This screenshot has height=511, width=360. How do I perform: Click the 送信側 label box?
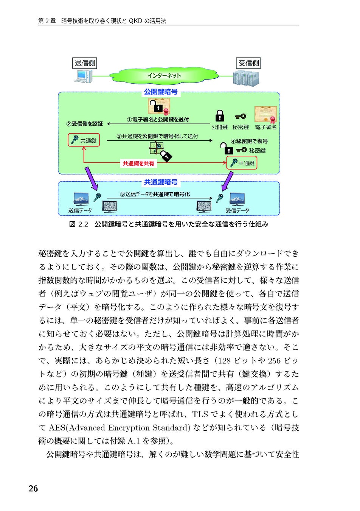[85, 63]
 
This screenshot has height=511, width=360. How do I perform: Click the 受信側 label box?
[248, 63]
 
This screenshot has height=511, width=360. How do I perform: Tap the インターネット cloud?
[164, 76]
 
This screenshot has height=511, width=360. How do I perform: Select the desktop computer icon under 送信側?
[83, 76]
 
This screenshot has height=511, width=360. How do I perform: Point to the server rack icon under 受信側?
[246, 78]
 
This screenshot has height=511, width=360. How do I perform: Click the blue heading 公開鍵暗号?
[161, 92]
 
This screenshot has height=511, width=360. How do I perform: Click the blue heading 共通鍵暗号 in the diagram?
[161, 182]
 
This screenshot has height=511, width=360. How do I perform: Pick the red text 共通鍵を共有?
[138, 164]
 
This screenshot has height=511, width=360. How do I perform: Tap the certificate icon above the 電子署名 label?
[266, 114]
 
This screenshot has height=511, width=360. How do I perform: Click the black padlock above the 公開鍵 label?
[219, 116]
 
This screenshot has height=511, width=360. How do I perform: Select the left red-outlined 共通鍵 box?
[84, 140]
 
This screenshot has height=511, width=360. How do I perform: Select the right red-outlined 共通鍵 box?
[242, 163]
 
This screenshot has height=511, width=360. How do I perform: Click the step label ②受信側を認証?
[85, 124]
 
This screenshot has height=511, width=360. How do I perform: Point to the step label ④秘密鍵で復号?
[250, 141]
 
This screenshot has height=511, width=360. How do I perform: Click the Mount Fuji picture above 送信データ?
[81, 199]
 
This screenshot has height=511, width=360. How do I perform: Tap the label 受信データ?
[237, 210]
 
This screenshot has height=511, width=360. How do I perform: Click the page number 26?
[33, 489]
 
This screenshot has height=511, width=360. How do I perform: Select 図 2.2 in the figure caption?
[79, 224]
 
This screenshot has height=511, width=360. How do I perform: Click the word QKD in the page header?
[135, 21]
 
